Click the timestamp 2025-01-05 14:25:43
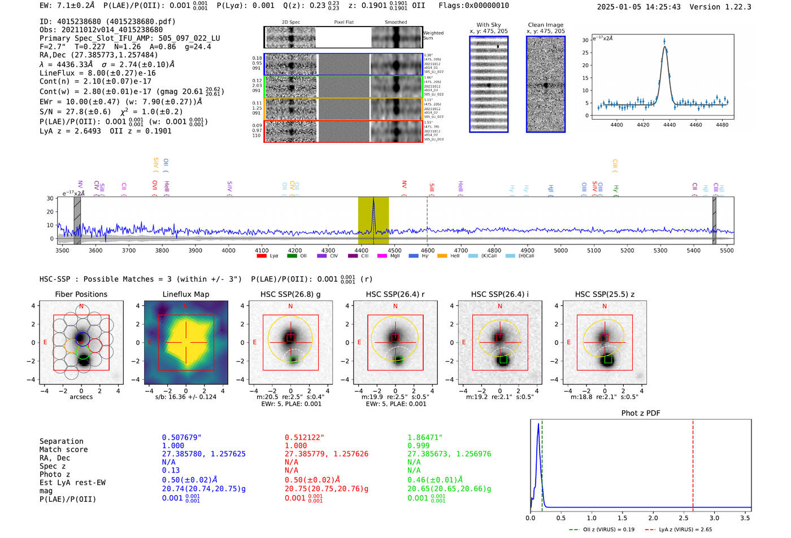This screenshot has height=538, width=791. [638, 7]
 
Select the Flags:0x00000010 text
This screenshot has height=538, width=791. [473, 6]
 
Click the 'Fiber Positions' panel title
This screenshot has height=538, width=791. [81, 294]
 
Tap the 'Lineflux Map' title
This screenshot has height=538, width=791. [186, 294]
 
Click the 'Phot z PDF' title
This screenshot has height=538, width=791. [641, 413]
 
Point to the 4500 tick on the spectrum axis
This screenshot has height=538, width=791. [394, 251]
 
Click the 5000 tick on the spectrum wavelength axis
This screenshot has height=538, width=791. [560, 251]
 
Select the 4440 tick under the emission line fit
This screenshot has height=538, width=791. [669, 125]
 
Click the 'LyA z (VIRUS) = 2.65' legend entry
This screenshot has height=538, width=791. [685, 530]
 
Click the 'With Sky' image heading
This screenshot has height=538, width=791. [489, 25]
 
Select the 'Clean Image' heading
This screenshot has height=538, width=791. [545, 25]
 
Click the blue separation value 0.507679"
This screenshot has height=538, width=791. [181, 438]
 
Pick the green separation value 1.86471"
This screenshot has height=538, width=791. [425, 438]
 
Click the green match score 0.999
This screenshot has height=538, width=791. [419, 445]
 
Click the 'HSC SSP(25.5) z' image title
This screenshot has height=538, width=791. [605, 294]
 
